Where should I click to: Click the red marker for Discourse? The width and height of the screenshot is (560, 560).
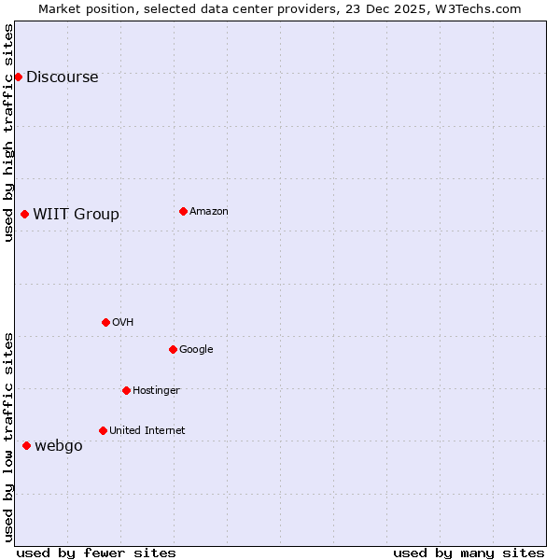click(x=18, y=77)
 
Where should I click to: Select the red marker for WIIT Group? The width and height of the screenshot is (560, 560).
click(x=24, y=214)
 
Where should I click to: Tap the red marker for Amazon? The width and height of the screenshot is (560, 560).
click(x=183, y=211)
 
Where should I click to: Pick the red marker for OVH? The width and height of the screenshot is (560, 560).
click(x=105, y=322)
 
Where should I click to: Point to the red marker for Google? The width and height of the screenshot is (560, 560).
click(x=173, y=349)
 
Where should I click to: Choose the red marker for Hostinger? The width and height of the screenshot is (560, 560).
click(x=126, y=390)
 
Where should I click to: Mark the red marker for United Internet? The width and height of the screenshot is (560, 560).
click(x=103, y=430)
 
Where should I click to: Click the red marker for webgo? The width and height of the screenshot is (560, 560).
click(x=26, y=445)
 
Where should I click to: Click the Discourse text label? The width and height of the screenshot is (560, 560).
click(x=62, y=77)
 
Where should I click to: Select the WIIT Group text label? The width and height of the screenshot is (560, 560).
click(x=76, y=215)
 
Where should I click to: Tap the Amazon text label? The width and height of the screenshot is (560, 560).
click(x=208, y=212)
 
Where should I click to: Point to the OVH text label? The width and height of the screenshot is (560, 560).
click(x=122, y=323)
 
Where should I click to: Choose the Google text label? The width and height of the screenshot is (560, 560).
click(x=196, y=350)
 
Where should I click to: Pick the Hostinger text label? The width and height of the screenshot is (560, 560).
click(x=156, y=391)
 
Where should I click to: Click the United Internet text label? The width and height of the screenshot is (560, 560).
click(x=147, y=431)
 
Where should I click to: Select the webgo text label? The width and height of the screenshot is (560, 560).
click(x=58, y=446)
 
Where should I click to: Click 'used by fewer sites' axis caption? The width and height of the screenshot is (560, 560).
click(x=96, y=553)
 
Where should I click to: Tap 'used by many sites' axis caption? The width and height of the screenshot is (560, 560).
click(x=469, y=553)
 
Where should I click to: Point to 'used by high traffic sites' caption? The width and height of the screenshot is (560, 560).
click(x=9, y=133)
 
